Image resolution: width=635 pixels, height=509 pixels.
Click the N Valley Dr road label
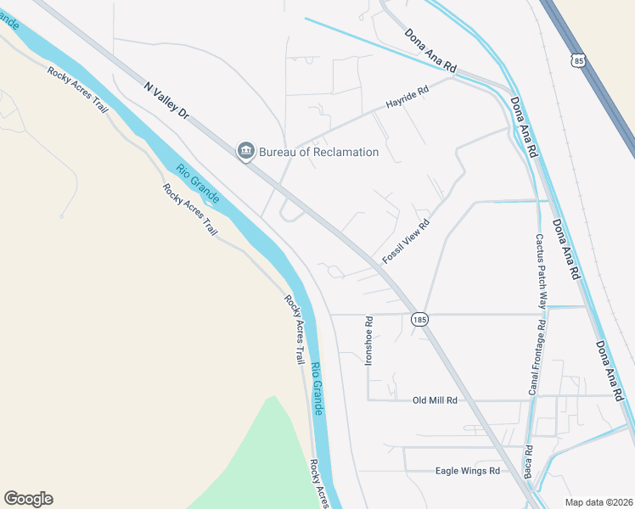click(x=165, y=100)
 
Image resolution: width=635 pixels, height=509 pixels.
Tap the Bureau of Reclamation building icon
click(x=245, y=151)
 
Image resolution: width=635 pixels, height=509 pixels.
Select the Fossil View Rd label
click(x=406, y=240)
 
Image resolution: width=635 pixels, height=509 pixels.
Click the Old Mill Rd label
click(x=435, y=400)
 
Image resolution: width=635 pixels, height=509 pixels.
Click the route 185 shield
click(x=419, y=320)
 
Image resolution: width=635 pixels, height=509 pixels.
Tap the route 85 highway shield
click(x=578, y=60)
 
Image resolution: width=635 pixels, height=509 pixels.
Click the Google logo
click(x=28, y=499)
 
